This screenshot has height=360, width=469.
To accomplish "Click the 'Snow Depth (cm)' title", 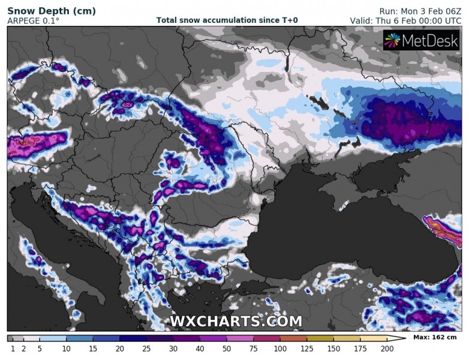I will pyautogui.click(x=46, y=10).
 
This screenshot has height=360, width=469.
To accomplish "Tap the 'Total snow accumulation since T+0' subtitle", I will pyautogui.click(x=227, y=20).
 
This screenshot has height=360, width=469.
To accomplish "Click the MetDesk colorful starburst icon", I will pyautogui.click(x=392, y=40).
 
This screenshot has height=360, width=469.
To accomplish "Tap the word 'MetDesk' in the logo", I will pyautogui.click(x=429, y=40).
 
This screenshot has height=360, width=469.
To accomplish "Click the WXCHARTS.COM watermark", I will pyautogui.click(x=236, y=322).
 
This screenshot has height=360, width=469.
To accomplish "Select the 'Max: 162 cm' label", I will pyautogui.click(x=435, y=338).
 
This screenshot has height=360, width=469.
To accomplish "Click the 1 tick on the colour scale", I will pyautogui.click(x=12, y=349).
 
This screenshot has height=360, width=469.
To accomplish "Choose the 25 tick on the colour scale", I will pyautogui.click(x=146, y=349).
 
